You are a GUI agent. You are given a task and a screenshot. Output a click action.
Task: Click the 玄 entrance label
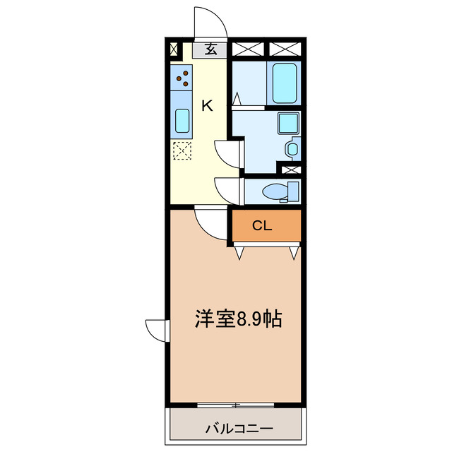pyautogui.click(x=210, y=49)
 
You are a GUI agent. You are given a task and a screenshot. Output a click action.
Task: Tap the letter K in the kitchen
pyautogui.click(x=208, y=106)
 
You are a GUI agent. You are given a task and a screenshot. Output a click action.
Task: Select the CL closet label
pyautogui.click(x=262, y=226)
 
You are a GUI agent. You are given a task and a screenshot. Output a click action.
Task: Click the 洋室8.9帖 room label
pyautogui.click(x=238, y=319)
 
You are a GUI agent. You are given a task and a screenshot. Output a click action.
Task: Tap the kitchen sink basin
pyautogui.click(x=182, y=122)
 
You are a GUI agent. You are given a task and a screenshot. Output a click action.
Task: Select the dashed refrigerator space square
pyautogui.click(x=182, y=150)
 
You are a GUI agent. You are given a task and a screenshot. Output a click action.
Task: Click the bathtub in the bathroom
pyautogui.click(x=284, y=82)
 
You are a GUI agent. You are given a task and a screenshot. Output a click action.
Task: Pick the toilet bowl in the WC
pyautogui.click(x=274, y=191)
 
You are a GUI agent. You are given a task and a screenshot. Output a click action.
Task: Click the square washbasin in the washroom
pyautogui.click(x=288, y=124)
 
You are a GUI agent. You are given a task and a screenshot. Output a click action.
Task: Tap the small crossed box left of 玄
pyautogui.click(x=174, y=49)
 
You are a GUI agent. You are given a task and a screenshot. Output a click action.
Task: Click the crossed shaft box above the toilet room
pyautogui.click(x=290, y=169)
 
